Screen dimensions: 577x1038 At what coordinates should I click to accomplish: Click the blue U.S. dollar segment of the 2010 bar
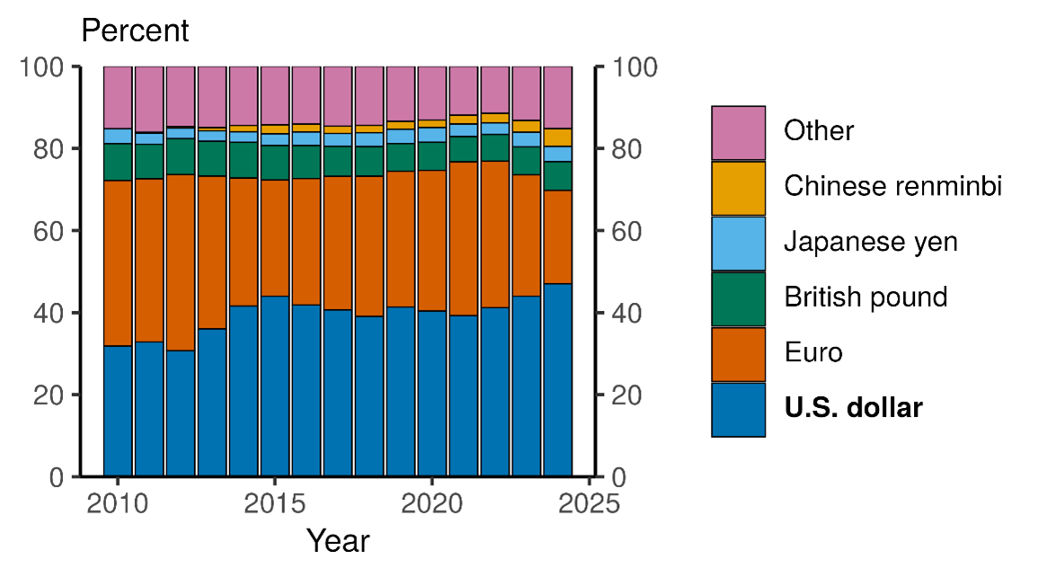(x=118, y=411)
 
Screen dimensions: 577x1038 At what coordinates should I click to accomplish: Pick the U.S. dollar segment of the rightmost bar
(x=558, y=379)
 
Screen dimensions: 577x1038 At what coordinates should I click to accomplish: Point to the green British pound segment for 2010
(x=118, y=162)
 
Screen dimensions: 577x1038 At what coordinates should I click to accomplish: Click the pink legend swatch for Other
(x=738, y=133)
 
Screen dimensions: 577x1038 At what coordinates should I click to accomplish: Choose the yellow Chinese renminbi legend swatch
(x=738, y=189)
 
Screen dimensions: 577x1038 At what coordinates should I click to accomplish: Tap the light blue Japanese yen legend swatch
(x=738, y=244)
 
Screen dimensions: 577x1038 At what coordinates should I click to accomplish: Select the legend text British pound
(x=865, y=297)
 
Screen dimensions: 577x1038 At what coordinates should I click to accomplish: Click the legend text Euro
(x=812, y=353)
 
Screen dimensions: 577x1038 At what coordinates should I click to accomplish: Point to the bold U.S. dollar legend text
(x=853, y=408)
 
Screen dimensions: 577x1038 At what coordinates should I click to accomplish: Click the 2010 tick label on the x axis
(x=118, y=503)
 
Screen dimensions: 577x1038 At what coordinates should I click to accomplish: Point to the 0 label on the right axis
(x=619, y=476)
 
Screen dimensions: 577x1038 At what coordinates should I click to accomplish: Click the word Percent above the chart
(x=135, y=31)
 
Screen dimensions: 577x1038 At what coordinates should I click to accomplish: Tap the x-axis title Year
(x=337, y=541)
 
